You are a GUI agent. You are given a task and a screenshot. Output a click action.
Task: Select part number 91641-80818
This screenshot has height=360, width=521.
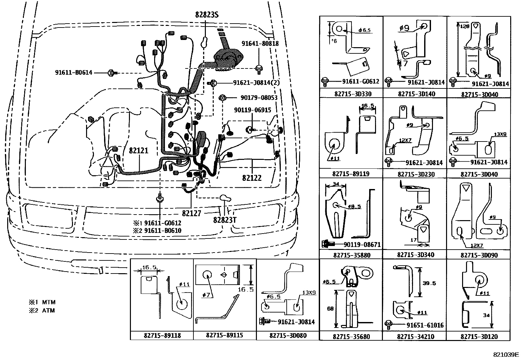260,43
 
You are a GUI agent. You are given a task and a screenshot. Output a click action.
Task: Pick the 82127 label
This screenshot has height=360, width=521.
191,213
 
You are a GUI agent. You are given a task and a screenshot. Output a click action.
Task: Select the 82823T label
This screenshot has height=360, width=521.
225,219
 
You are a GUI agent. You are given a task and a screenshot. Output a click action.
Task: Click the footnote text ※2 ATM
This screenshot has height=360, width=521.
42,311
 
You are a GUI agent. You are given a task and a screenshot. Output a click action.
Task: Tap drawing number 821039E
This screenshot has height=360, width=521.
506,354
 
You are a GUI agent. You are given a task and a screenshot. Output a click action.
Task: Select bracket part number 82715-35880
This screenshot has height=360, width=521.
351,255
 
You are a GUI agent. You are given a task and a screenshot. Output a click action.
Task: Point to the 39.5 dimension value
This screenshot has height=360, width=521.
429,283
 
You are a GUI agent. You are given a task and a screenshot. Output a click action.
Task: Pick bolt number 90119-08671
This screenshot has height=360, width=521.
362,244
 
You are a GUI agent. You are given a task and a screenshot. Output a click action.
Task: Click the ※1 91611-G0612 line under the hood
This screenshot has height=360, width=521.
157,223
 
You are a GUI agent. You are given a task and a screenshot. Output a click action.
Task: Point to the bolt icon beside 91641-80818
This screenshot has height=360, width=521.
259,68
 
